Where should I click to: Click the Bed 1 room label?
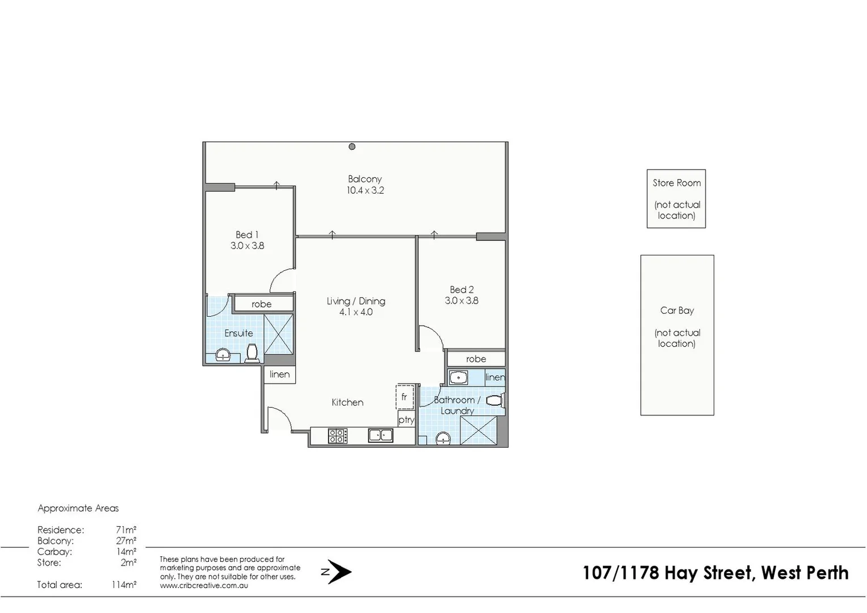[247, 234]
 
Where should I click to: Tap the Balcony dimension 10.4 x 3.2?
[365, 191]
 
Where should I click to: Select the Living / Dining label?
[356, 301]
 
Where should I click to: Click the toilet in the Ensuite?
[253, 353]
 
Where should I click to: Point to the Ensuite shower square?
[278, 334]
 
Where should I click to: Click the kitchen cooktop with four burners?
[337, 436]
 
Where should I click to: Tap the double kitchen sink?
[380, 435]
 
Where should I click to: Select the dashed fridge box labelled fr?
[405, 397]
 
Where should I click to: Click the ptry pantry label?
[406, 420]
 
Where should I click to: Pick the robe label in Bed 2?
[476, 359]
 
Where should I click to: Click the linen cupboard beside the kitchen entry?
[279, 375]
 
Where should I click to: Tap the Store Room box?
[676, 199]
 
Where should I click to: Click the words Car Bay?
[677, 310]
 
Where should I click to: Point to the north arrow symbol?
[339, 572]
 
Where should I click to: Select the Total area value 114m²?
[124, 585]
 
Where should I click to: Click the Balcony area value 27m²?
[126, 541]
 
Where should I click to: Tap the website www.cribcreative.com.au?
[204, 586]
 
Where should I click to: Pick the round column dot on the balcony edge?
[352, 146]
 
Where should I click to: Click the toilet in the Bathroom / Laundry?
[495, 401]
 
